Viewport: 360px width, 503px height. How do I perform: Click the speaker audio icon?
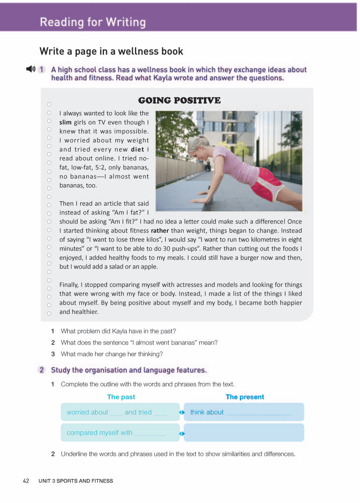pyautogui.click(x=31, y=69)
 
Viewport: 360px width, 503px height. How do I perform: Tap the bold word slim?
pyautogui.click(x=66, y=122)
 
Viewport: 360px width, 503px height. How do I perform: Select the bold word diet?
pyautogui.click(x=137, y=149)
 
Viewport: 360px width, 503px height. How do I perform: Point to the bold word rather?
pyautogui.click(x=159, y=231)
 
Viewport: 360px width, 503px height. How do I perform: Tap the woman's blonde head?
pyautogui.click(x=199, y=144)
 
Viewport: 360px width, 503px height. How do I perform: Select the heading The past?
pyautogui.click(x=121, y=397)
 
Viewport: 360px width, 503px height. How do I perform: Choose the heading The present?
pyautogui.click(x=245, y=397)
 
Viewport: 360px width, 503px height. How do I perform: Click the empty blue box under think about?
pyautogui.click(x=244, y=433)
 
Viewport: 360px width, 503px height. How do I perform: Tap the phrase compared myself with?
pyautogui.click(x=100, y=433)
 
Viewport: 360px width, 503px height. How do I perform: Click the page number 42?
pyautogui.click(x=26, y=481)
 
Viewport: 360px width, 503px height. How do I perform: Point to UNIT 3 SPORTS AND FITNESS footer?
pyautogui.click(x=76, y=481)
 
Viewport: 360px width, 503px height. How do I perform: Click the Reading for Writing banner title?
pyautogui.click(x=93, y=22)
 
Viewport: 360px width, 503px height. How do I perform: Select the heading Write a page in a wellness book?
pyautogui.click(x=111, y=51)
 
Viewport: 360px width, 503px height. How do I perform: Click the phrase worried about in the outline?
pyautogui.click(x=87, y=412)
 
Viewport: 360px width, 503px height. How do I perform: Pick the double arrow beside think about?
pyautogui.click(x=182, y=412)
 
